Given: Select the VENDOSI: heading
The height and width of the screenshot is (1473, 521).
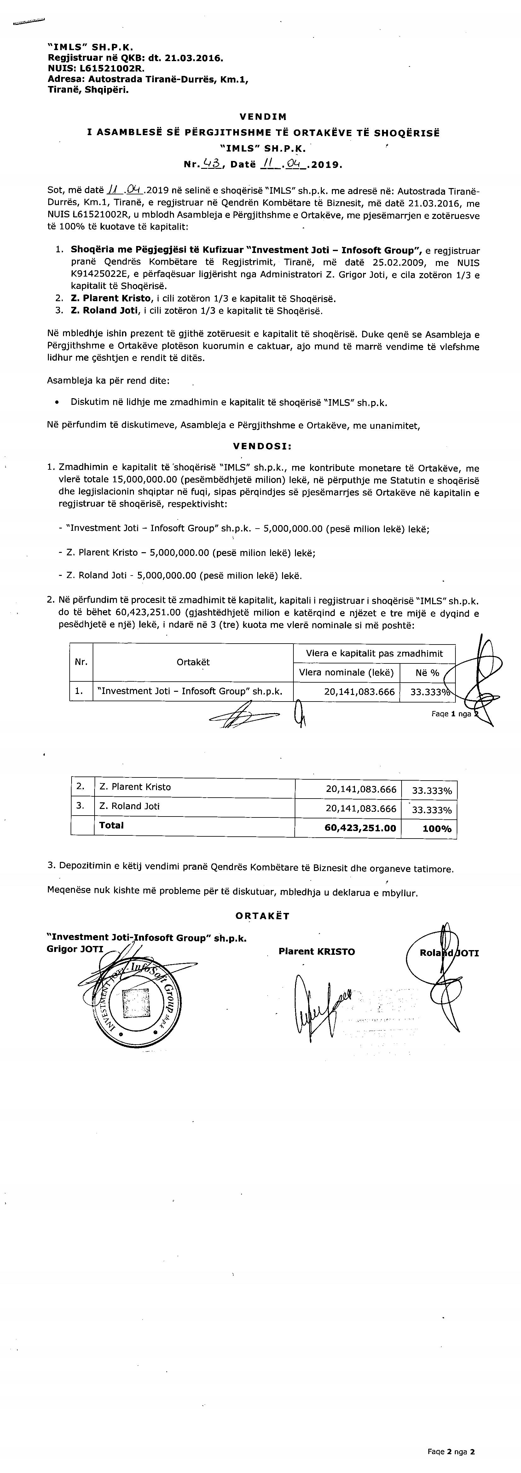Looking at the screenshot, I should (x=263, y=446).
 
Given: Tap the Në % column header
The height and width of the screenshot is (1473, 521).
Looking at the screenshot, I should (x=427, y=673).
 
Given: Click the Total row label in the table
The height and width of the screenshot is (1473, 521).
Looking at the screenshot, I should (x=112, y=825).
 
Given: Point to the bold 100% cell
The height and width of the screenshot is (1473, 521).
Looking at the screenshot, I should (x=437, y=828).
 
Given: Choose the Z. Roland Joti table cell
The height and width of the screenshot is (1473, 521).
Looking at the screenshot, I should (x=129, y=806).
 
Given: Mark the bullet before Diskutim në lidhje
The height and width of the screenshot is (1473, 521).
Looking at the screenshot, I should (x=56, y=403).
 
